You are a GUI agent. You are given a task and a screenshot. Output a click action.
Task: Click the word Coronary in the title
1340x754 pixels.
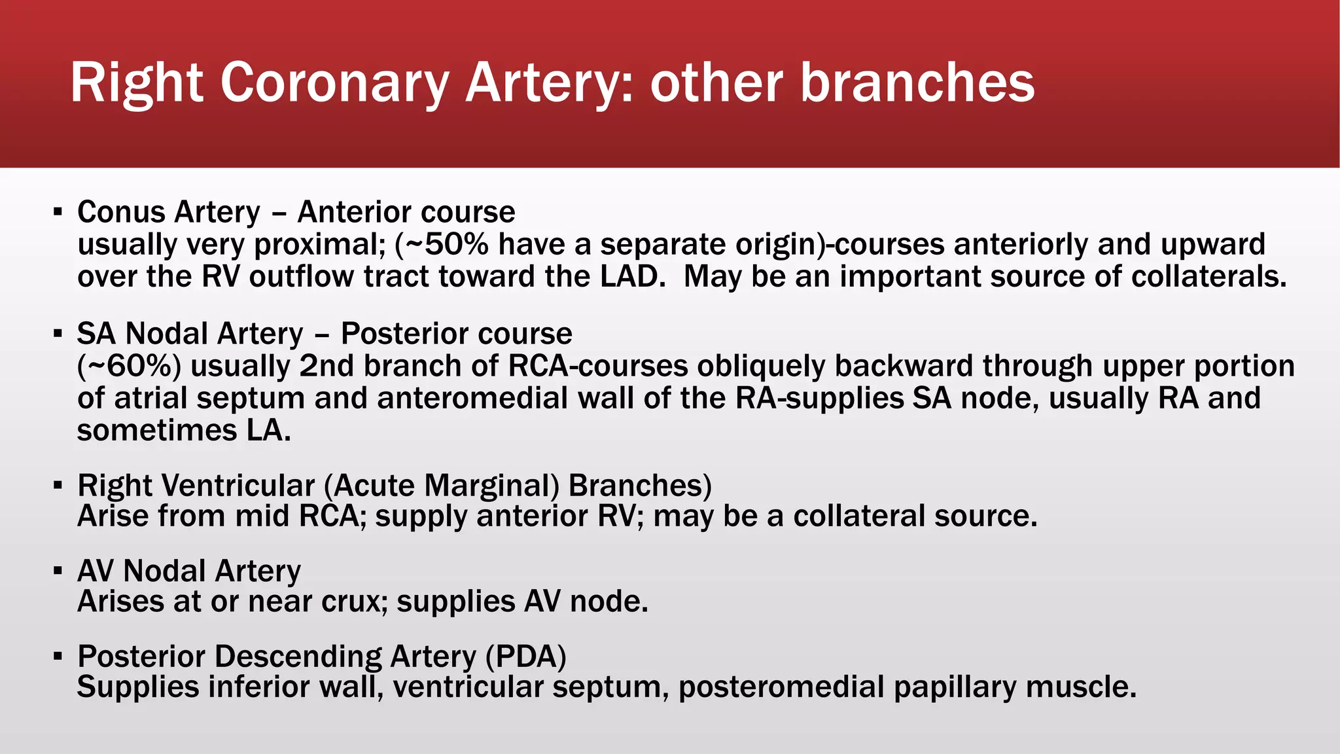click(334, 83)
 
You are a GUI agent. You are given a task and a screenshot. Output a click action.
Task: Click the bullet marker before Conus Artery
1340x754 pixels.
click(58, 212)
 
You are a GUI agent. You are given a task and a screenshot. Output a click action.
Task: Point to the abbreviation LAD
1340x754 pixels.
click(629, 276)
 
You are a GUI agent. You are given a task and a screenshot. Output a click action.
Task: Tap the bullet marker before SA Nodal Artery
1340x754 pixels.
click(58, 334)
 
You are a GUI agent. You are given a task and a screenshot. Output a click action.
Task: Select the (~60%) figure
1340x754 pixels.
click(129, 367)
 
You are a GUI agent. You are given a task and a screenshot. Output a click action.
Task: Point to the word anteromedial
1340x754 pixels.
click(472, 399)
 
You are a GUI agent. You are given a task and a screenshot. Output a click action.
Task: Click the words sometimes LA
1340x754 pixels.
click(183, 431)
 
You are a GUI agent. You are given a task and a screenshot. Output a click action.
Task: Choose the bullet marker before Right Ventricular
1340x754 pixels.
click(58, 486)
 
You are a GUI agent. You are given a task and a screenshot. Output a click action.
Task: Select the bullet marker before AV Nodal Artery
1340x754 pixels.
click(58, 571)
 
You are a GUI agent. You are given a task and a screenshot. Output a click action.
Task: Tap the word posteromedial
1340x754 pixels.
click(781, 687)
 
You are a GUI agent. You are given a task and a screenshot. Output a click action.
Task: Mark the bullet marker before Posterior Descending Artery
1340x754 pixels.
click(58, 656)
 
